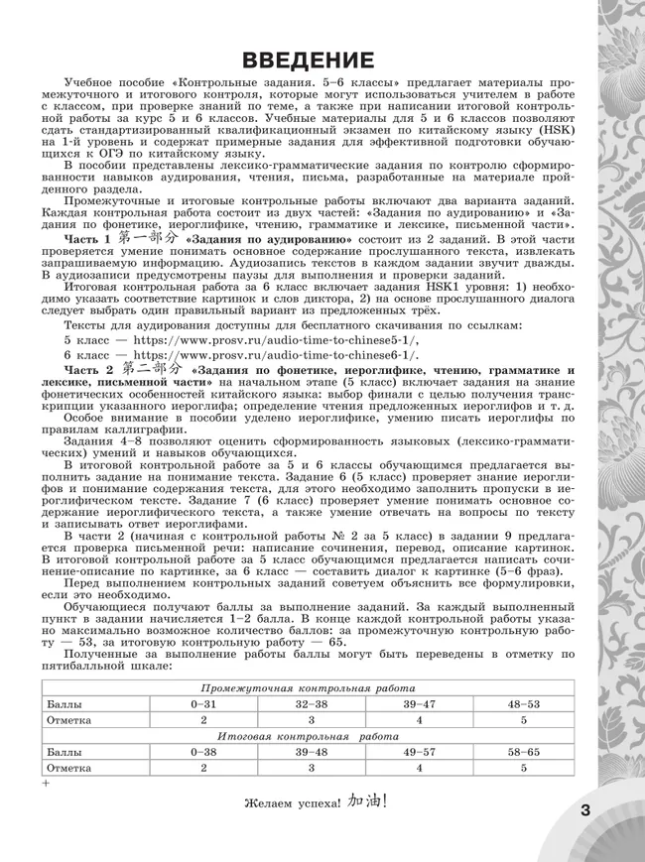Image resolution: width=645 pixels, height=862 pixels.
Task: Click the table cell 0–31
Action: pyautogui.click(x=202, y=703)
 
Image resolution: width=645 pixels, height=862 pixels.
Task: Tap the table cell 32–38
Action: pyautogui.click(x=311, y=703)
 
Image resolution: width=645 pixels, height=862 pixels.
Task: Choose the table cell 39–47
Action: pyautogui.click(x=419, y=703)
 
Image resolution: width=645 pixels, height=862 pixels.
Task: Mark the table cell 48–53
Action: pyautogui.click(x=525, y=703)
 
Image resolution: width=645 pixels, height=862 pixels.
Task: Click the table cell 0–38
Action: pyautogui.click(x=202, y=752)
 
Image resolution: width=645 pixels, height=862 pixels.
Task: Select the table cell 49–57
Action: pyautogui.click(x=419, y=752)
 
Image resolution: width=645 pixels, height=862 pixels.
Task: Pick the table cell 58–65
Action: pyautogui.click(x=525, y=752)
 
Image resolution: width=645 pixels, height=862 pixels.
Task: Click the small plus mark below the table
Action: pyautogui.click(x=46, y=784)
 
